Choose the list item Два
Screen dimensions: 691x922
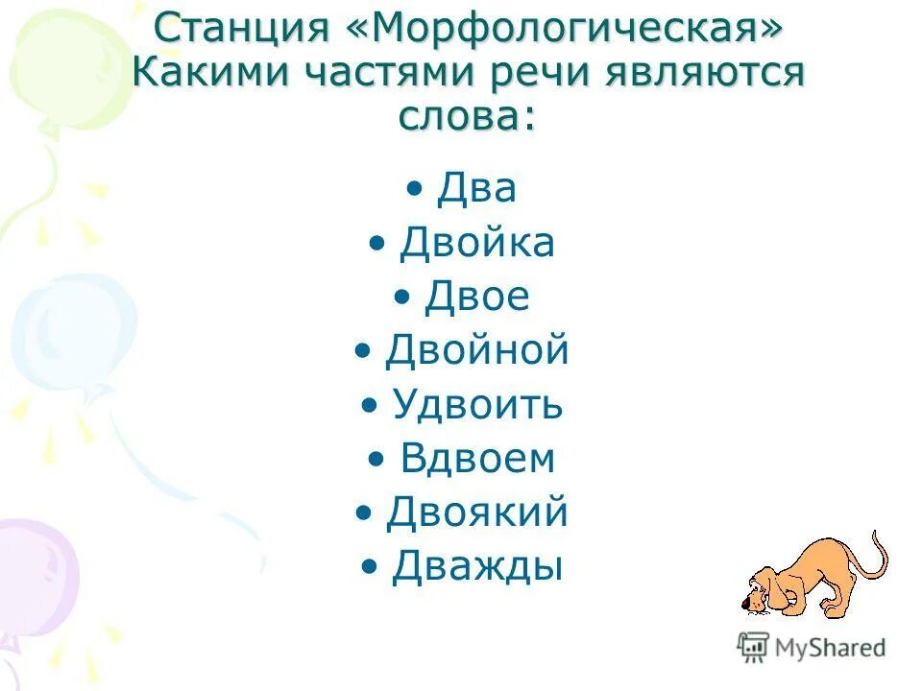pos(476,188)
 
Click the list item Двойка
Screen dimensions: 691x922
pos(476,243)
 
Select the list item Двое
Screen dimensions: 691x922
pos(476,297)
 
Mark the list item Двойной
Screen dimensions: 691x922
pos(476,350)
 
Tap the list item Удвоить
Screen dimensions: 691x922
pos(476,405)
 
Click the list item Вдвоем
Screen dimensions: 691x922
pos(476,459)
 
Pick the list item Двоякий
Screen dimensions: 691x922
pos(476,512)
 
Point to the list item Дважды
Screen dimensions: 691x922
pos(476,566)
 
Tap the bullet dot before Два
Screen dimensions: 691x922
pos(414,190)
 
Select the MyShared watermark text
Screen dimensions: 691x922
pos(828,648)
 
